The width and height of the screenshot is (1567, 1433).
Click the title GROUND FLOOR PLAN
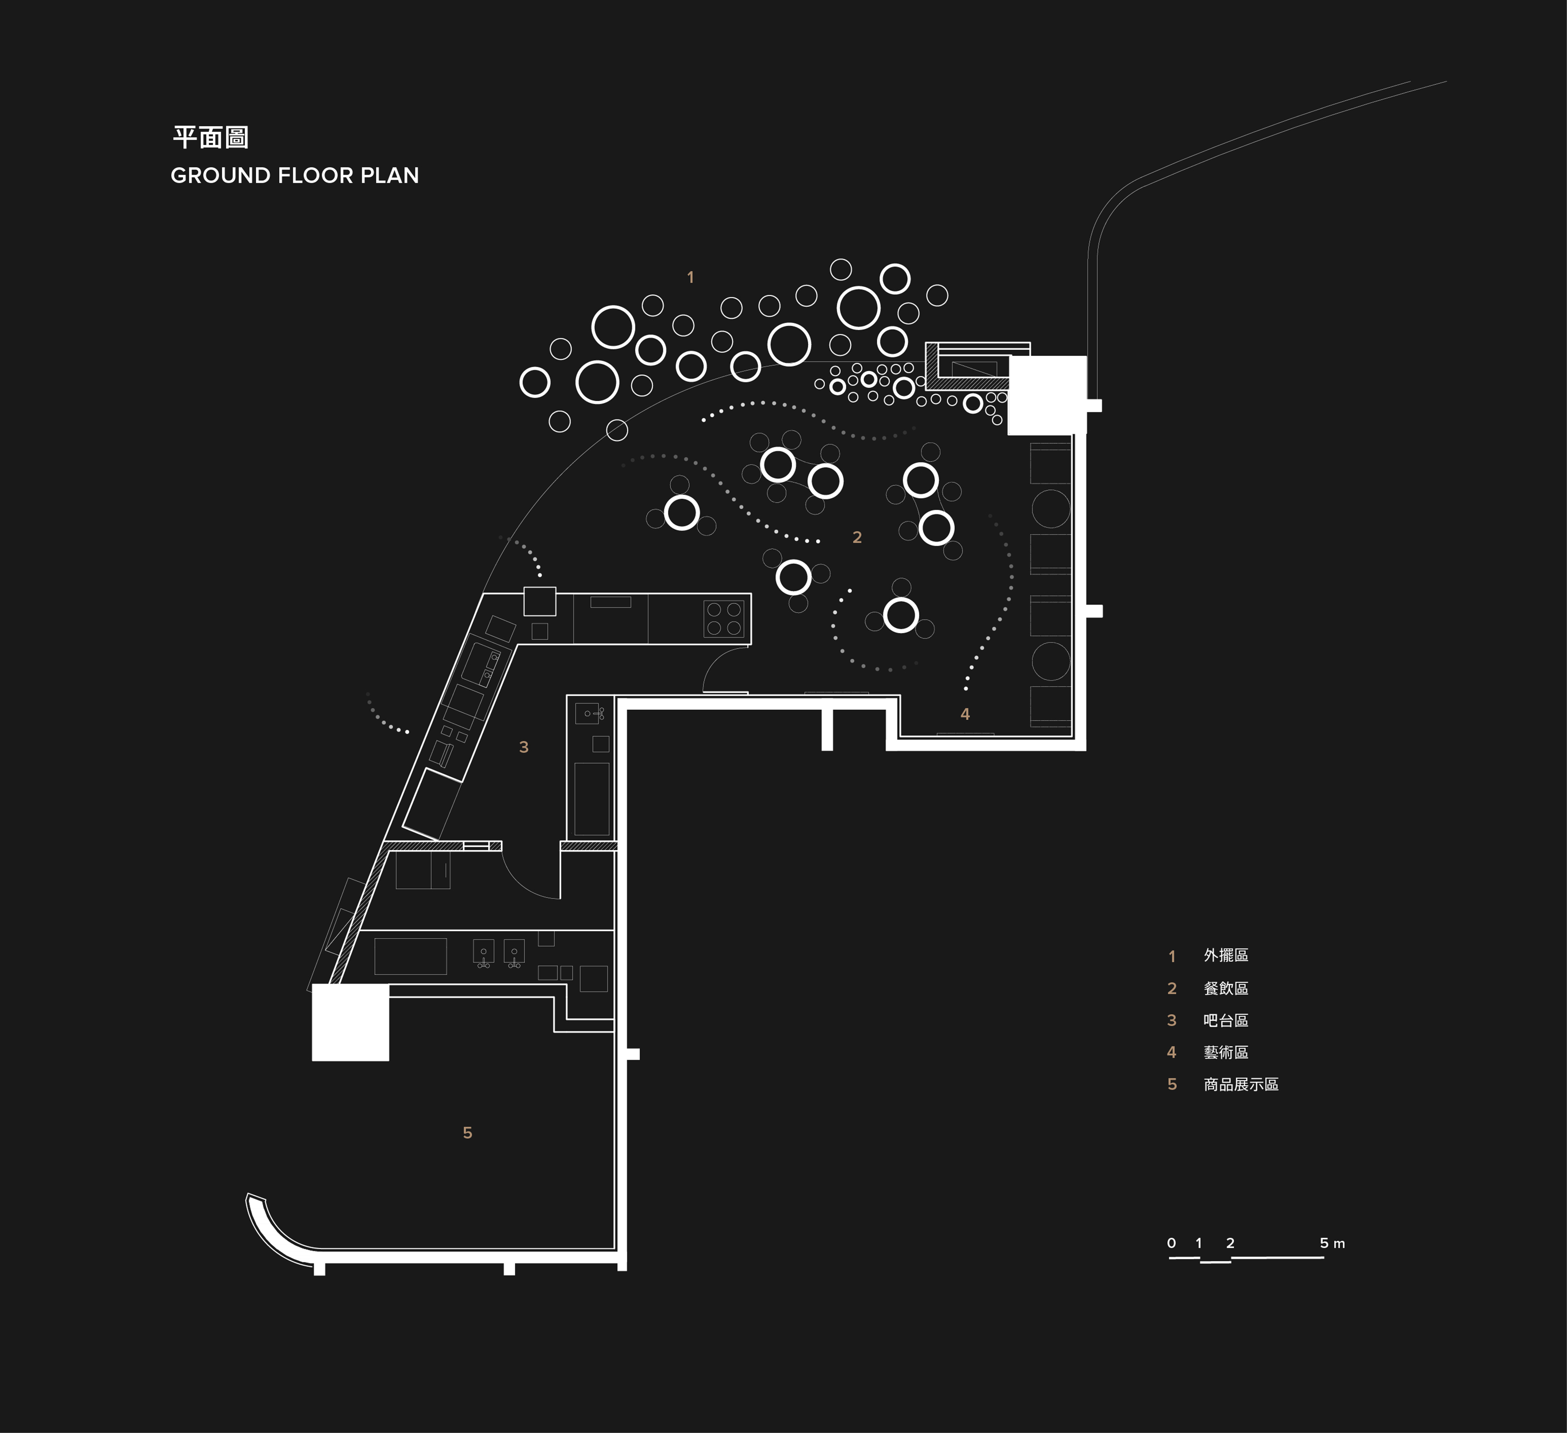295,175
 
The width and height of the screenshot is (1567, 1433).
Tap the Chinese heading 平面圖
210,137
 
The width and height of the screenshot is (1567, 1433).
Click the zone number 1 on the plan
690,278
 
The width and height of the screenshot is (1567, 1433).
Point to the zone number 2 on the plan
856,537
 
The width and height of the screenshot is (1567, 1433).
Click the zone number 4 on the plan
965,714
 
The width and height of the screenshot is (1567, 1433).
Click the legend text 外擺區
1226,956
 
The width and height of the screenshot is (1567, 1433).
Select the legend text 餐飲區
1226,988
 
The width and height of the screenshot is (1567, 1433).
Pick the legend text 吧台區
1226,1020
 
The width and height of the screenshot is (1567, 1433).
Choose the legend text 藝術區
1226,1052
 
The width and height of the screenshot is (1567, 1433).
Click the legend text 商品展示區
1241,1084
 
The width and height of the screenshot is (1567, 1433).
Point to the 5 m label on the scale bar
1332,1243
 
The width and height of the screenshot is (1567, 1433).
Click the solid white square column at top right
1047,396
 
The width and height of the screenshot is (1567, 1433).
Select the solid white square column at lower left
351,1022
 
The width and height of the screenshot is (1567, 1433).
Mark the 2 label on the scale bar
1230,1243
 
